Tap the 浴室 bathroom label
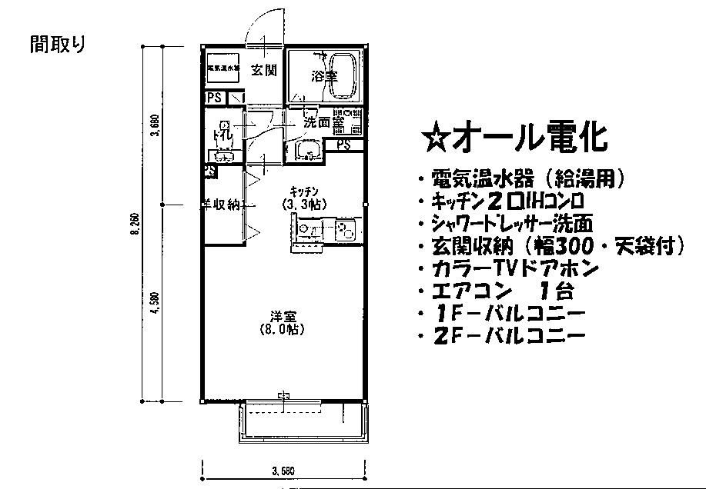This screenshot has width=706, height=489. coord(323,76)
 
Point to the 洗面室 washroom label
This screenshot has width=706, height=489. coord(323,121)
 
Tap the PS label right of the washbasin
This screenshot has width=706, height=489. coord(343,145)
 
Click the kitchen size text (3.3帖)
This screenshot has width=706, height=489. coord(305,205)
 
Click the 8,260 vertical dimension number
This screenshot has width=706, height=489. coord(136,227)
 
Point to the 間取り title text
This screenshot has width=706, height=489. coord(58,45)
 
